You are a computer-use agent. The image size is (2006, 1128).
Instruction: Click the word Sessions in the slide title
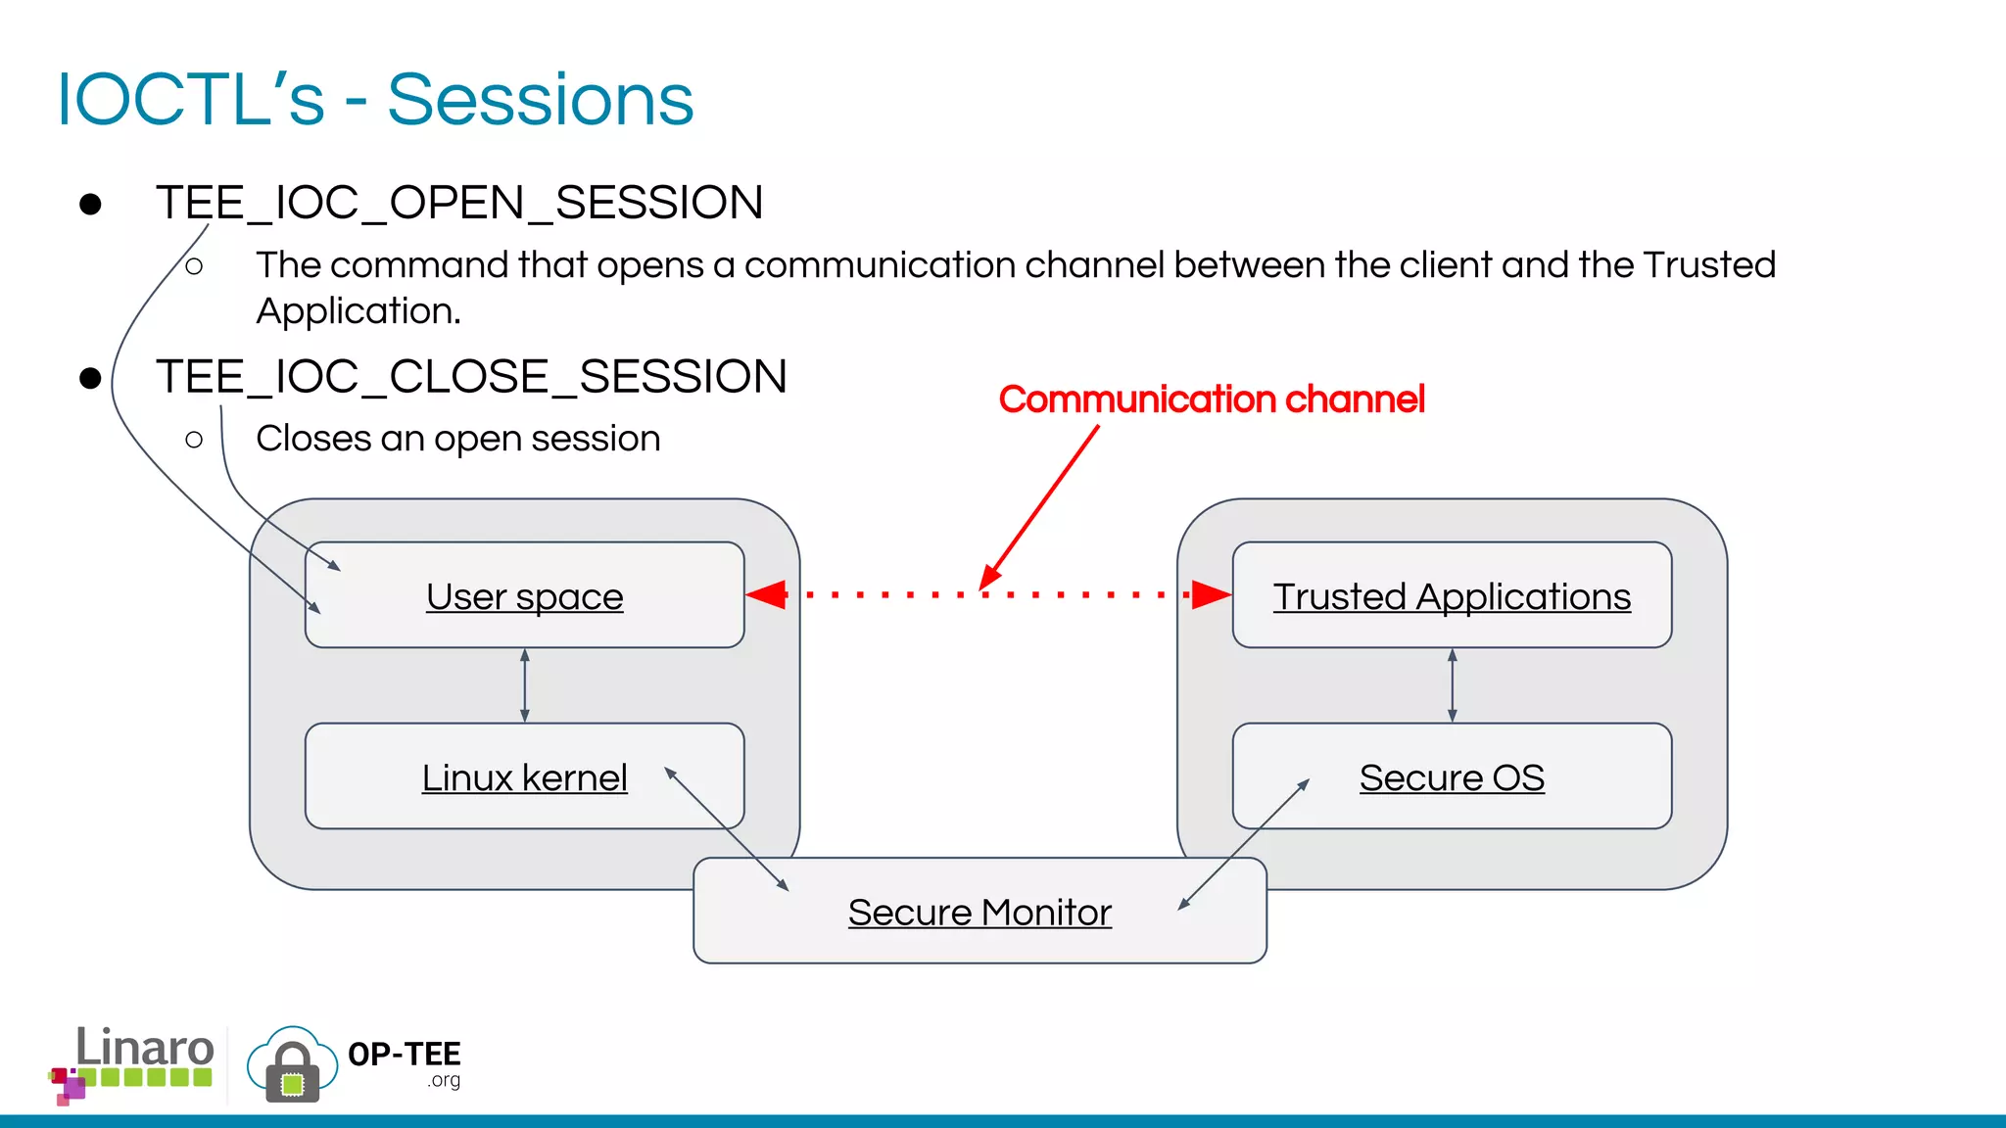(540, 100)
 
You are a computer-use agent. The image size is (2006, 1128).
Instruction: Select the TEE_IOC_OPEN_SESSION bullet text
(458, 203)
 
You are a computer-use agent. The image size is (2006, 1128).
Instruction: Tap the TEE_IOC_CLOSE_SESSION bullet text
(471, 377)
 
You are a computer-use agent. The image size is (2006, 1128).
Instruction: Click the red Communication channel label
(1211, 399)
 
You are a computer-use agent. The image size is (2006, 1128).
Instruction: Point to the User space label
(524, 596)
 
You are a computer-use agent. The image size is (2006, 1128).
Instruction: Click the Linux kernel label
(524, 777)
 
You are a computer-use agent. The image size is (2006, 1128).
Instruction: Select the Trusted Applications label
(1452, 596)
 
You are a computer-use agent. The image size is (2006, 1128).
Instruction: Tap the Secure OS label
(1452, 777)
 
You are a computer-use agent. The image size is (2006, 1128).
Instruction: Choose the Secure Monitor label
(979, 913)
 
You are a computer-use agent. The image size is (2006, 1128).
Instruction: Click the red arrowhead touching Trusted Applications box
(1211, 594)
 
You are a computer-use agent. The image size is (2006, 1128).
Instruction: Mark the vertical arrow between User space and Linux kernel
(525, 685)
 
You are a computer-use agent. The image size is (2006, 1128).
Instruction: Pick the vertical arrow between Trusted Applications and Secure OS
(1452, 685)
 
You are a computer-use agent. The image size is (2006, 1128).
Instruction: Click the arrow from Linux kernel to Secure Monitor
(726, 828)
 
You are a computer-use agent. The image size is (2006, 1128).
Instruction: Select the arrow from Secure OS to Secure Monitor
(1244, 844)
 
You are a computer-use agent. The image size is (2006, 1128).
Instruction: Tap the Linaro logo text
(144, 1048)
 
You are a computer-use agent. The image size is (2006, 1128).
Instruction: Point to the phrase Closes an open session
(457, 439)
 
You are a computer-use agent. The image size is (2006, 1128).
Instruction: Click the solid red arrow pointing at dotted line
(1040, 506)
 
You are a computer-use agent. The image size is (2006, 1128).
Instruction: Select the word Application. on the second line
(358, 311)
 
